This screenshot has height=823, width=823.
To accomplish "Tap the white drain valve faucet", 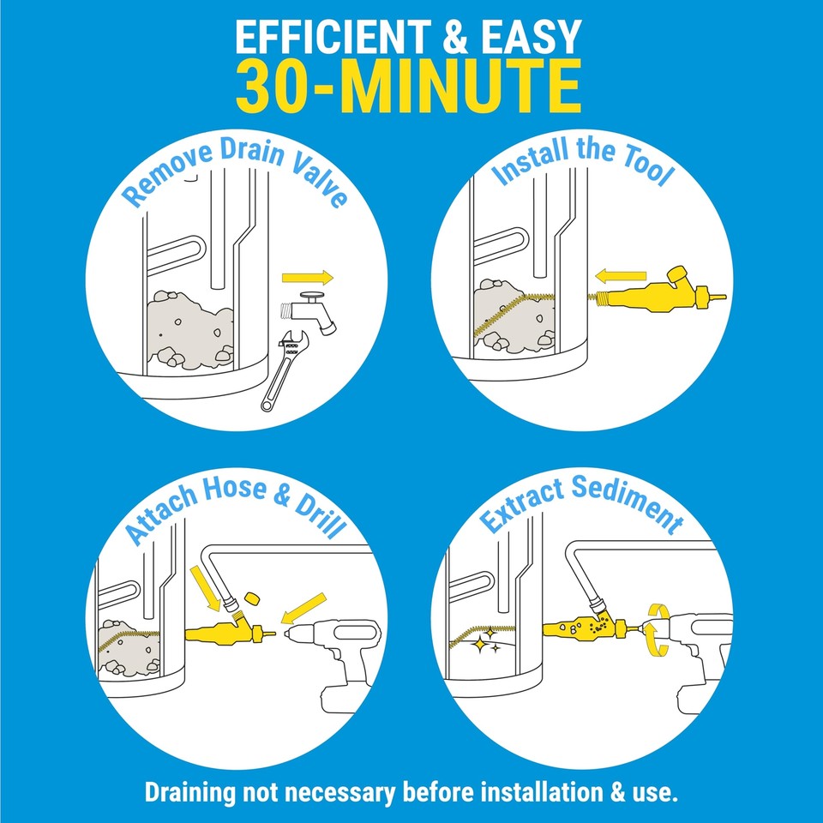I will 313,313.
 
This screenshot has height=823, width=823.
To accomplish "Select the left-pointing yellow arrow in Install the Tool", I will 622,276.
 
